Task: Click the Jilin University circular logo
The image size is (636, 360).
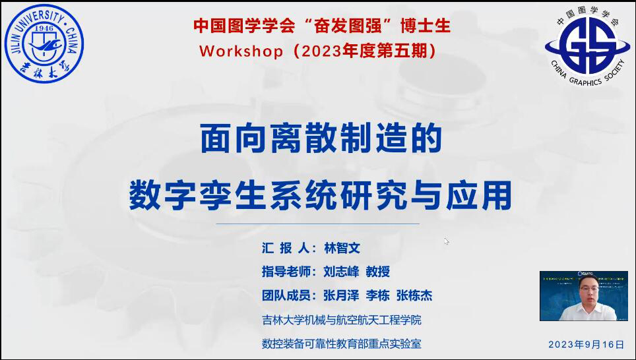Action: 44,44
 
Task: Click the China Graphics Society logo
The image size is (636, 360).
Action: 587,45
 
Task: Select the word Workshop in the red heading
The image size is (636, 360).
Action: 241,51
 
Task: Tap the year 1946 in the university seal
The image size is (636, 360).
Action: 44,28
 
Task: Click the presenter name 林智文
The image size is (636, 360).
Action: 342,248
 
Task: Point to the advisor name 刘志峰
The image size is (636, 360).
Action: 341,272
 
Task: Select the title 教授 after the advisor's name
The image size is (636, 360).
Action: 377,272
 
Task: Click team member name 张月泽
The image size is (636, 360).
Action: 341,295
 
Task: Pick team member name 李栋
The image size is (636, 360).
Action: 377,295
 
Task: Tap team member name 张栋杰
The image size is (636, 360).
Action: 414,295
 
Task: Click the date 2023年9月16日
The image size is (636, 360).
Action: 586,345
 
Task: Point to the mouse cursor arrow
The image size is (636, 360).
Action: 446,241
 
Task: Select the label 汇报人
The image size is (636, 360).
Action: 286,248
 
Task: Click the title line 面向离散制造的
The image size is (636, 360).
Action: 321,138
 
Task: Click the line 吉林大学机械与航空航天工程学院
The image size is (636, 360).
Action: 342,320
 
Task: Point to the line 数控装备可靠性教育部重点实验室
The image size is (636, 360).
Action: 342,344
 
